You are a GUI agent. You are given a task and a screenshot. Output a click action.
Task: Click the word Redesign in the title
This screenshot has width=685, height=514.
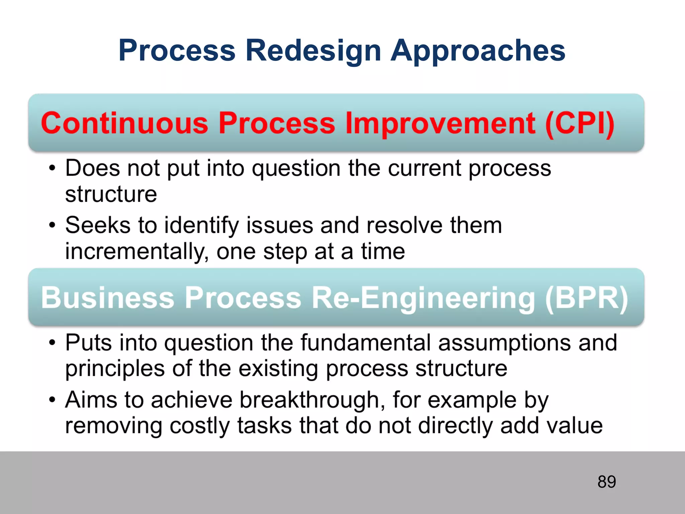313,51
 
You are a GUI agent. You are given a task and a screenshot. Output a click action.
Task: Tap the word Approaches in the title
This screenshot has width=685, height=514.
478,51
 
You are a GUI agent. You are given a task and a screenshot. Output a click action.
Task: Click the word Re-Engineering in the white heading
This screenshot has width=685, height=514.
423,298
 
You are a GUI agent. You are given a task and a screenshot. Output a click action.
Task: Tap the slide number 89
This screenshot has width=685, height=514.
606,482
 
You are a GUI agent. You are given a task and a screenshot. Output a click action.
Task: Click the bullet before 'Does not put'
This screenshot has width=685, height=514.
52,168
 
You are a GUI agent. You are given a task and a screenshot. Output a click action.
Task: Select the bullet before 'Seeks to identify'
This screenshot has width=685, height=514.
52,225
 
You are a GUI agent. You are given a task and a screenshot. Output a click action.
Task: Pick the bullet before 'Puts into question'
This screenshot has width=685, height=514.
52,343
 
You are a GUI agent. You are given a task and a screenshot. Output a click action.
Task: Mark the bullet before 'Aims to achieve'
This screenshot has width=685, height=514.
52,400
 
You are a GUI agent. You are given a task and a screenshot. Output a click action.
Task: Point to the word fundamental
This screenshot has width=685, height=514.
365,343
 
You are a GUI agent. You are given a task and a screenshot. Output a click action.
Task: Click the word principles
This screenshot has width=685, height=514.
115,369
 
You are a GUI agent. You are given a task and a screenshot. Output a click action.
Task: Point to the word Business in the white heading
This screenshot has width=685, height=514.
108,298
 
